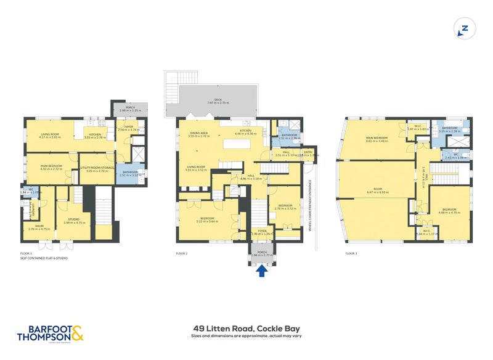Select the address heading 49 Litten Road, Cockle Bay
pos(246,329)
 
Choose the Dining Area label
pos(199,134)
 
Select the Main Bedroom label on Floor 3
pos(377,139)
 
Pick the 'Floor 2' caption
pos(181,253)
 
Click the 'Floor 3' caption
pos(351,253)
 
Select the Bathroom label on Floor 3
pos(449,129)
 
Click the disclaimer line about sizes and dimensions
pos(246,337)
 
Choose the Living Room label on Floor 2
pos(196,167)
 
